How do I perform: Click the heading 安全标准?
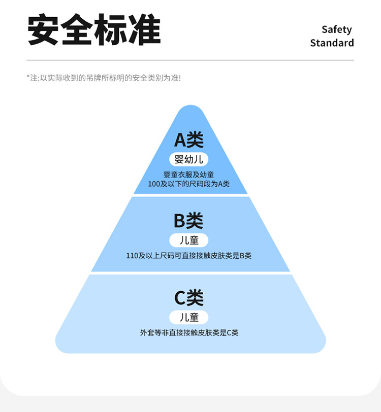pos(94,30)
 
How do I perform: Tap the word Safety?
pos(336,29)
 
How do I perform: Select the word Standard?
pos(332,43)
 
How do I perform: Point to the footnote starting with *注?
pos(104,78)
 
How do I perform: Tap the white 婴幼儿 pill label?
pos(189,159)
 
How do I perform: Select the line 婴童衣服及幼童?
pos(189,175)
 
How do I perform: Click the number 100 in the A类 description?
pos(154,184)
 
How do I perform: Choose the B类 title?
pos(189,221)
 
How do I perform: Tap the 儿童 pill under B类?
pos(189,241)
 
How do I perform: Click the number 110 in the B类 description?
pos(132,256)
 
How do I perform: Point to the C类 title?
pos(189,298)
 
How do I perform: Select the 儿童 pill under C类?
pos(189,318)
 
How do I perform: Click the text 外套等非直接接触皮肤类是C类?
pos(189,333)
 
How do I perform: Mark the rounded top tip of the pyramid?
pos(190,109)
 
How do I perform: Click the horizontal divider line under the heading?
pos(190,60)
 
